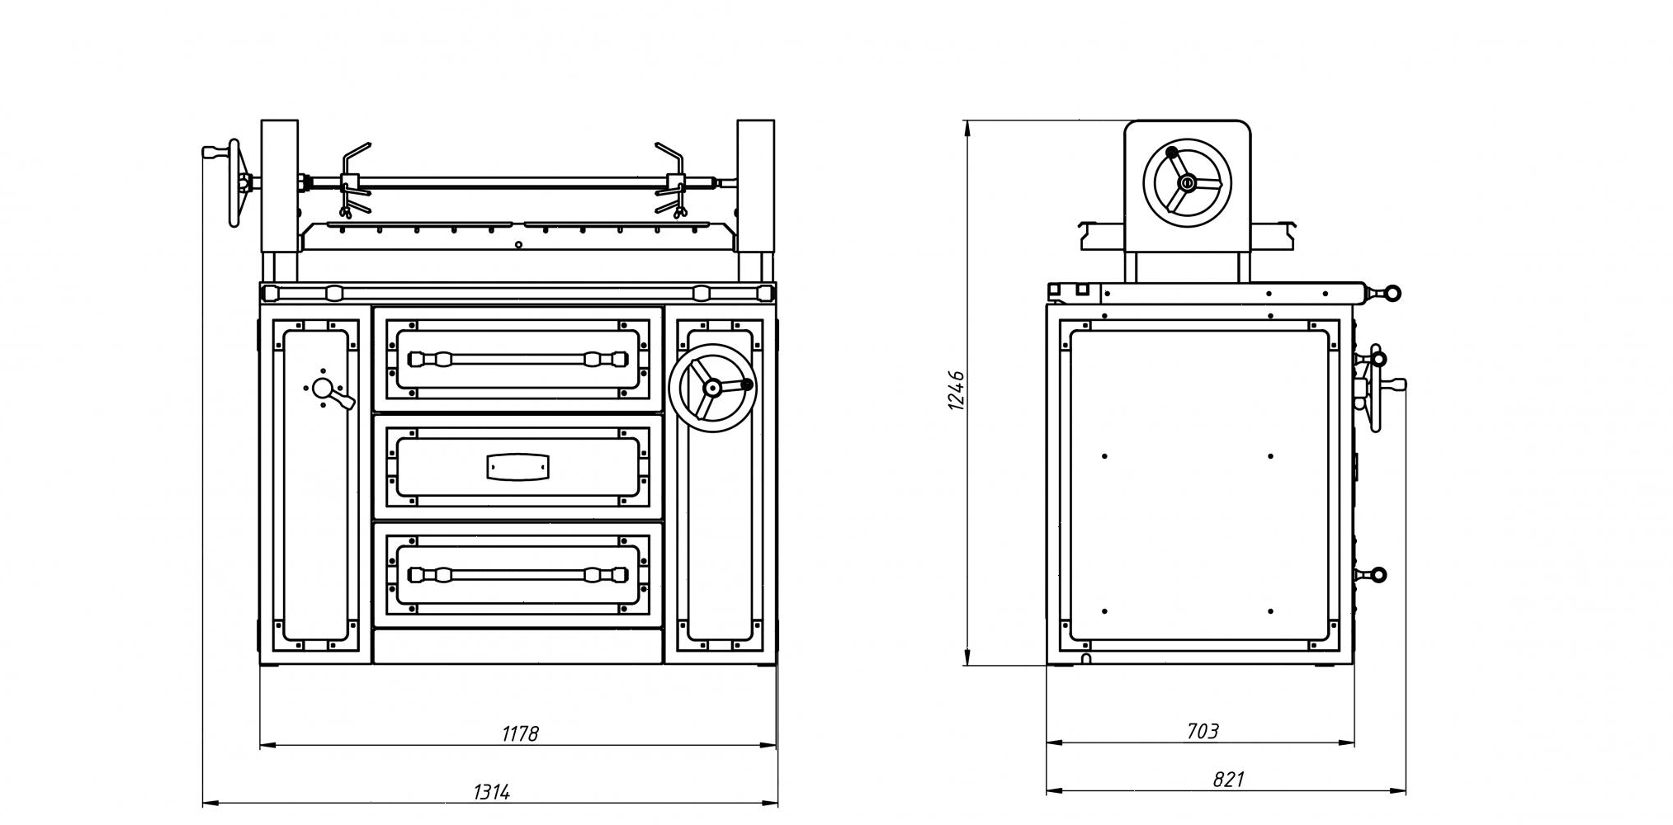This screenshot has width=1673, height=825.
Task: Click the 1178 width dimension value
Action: [520, 733]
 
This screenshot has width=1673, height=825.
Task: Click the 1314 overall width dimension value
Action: [492, 792]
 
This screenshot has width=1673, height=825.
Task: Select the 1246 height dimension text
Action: [957, 391]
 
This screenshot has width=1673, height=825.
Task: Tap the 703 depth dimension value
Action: [1202, 731]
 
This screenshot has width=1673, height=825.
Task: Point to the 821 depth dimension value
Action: [1228, 779]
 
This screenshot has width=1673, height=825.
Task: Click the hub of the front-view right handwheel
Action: [712, 387]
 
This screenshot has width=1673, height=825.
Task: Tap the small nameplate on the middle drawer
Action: [517, 466]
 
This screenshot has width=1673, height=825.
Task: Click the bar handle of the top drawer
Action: [517, 359]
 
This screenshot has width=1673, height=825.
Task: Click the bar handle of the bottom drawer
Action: [517, 574]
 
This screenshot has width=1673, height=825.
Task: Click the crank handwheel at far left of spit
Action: [235, 183]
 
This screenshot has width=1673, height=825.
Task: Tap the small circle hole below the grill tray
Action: [518, 244]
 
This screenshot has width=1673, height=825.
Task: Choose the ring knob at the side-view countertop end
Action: [1391, 292]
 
